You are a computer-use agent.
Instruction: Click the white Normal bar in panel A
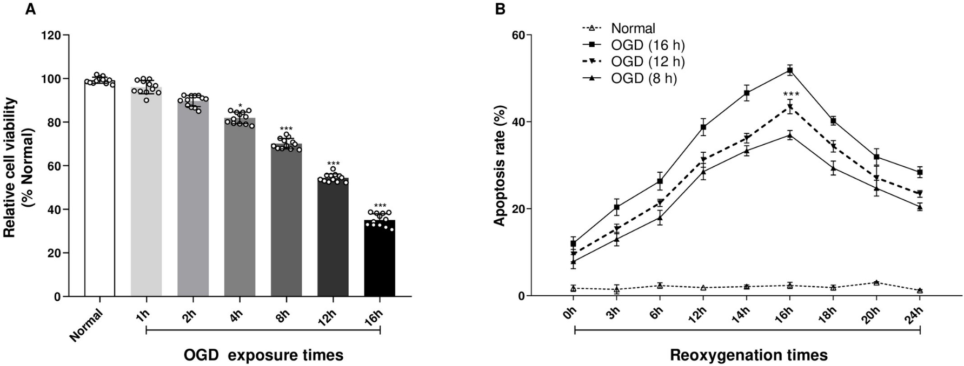[99, 189]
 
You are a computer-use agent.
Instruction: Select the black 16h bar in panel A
[380, 259]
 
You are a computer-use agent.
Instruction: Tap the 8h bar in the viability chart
[286, 221]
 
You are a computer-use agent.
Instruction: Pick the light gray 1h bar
[146, 192]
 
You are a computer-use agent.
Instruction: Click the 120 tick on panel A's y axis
[54, 35]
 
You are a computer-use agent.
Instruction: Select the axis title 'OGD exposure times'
[263, 355]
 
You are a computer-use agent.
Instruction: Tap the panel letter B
[501, 9]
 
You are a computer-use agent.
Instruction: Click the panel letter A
[31, 9]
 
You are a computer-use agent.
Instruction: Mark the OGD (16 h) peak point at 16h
[790, 70]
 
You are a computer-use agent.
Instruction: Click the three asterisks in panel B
[790, 95]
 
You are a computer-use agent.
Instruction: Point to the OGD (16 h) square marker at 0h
[573, 243]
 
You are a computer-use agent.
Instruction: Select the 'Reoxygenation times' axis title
[749, 355]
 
